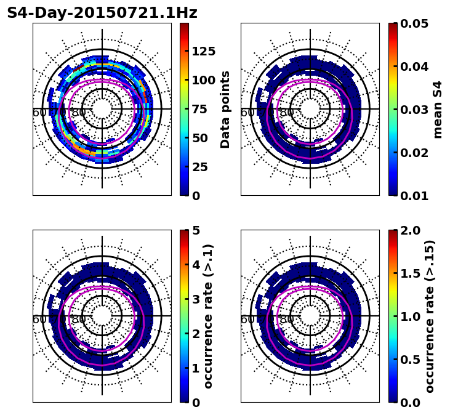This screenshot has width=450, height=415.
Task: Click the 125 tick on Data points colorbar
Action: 204,51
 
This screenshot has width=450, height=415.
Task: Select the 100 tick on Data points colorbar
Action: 204,80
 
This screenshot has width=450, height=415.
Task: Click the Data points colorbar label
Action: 225,109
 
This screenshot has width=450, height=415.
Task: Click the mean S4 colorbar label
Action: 438,109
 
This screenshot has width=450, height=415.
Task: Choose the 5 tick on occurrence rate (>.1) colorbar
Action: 196,230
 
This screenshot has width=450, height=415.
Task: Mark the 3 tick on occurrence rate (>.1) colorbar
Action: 196,299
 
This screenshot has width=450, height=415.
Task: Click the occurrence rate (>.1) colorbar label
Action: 209,316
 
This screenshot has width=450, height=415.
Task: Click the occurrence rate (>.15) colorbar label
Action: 430,316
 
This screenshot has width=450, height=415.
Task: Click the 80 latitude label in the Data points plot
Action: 79,113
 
